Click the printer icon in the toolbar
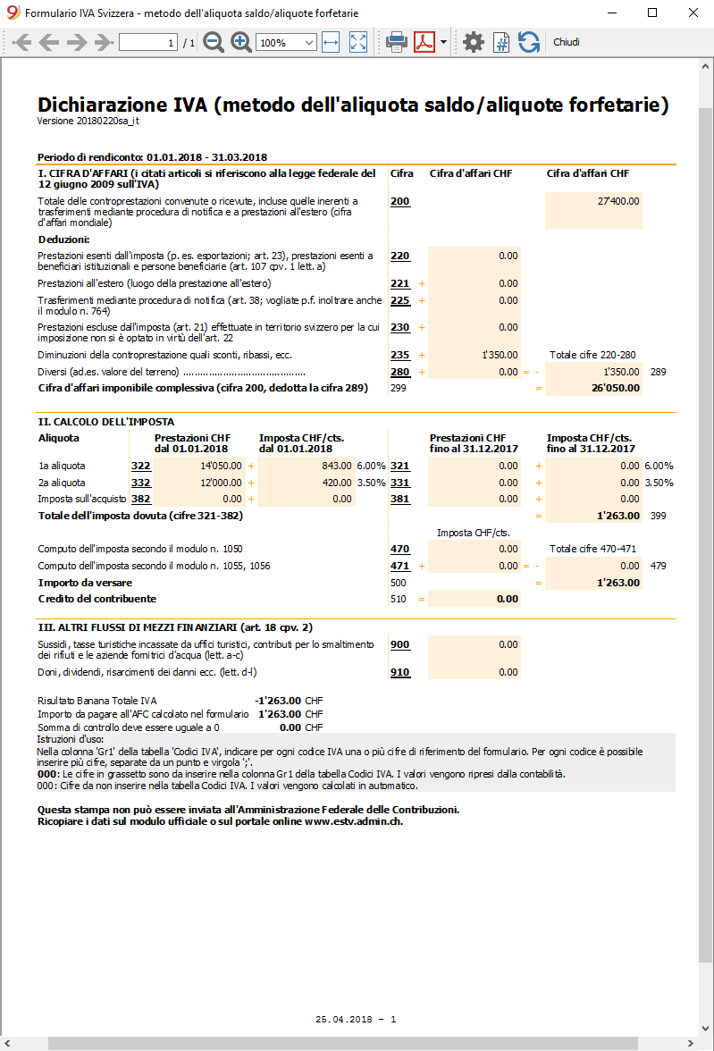pyautogui.click(x=397, y=42)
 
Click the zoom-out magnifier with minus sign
pyautogui.click(x=214, y=42)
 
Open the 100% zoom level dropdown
pyautogui.click(x=286, y=43)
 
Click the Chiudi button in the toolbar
pyautogui.click(x=566, y=42)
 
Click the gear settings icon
pyautogui.click(x=474, y=42)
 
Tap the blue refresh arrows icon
pyautogui.click(x=529, y=42)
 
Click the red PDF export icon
pyautogui.click(x=424, y=42)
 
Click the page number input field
pyautogui.click(x=148, y=43)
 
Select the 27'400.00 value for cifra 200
pyautogui.click(x=618, y=201)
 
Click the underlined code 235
pyautogui.click(x=399, y=355)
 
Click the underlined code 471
pyautogui.click(x=399, y=566)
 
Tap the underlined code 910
pyautogui.click(x=399, y=671)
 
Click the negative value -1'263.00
pyautogui.click(x=277, y=701)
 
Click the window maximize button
pyautogui.click(x=652, y=13)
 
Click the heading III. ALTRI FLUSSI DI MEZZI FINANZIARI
pyautogui.click(x=175, y=627)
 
